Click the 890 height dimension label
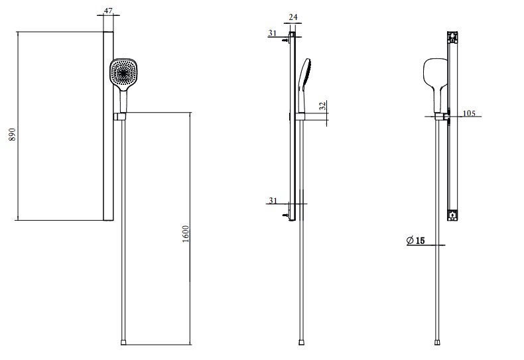[12, 134]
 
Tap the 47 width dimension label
[108, 11]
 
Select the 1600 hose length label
[186, 234]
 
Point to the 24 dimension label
[293, 17]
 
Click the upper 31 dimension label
[273, 33]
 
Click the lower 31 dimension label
[273, 200]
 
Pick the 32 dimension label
[322, 106]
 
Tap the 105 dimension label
[469, 113]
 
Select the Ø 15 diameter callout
[416, 240]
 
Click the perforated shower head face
[123, 74]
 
